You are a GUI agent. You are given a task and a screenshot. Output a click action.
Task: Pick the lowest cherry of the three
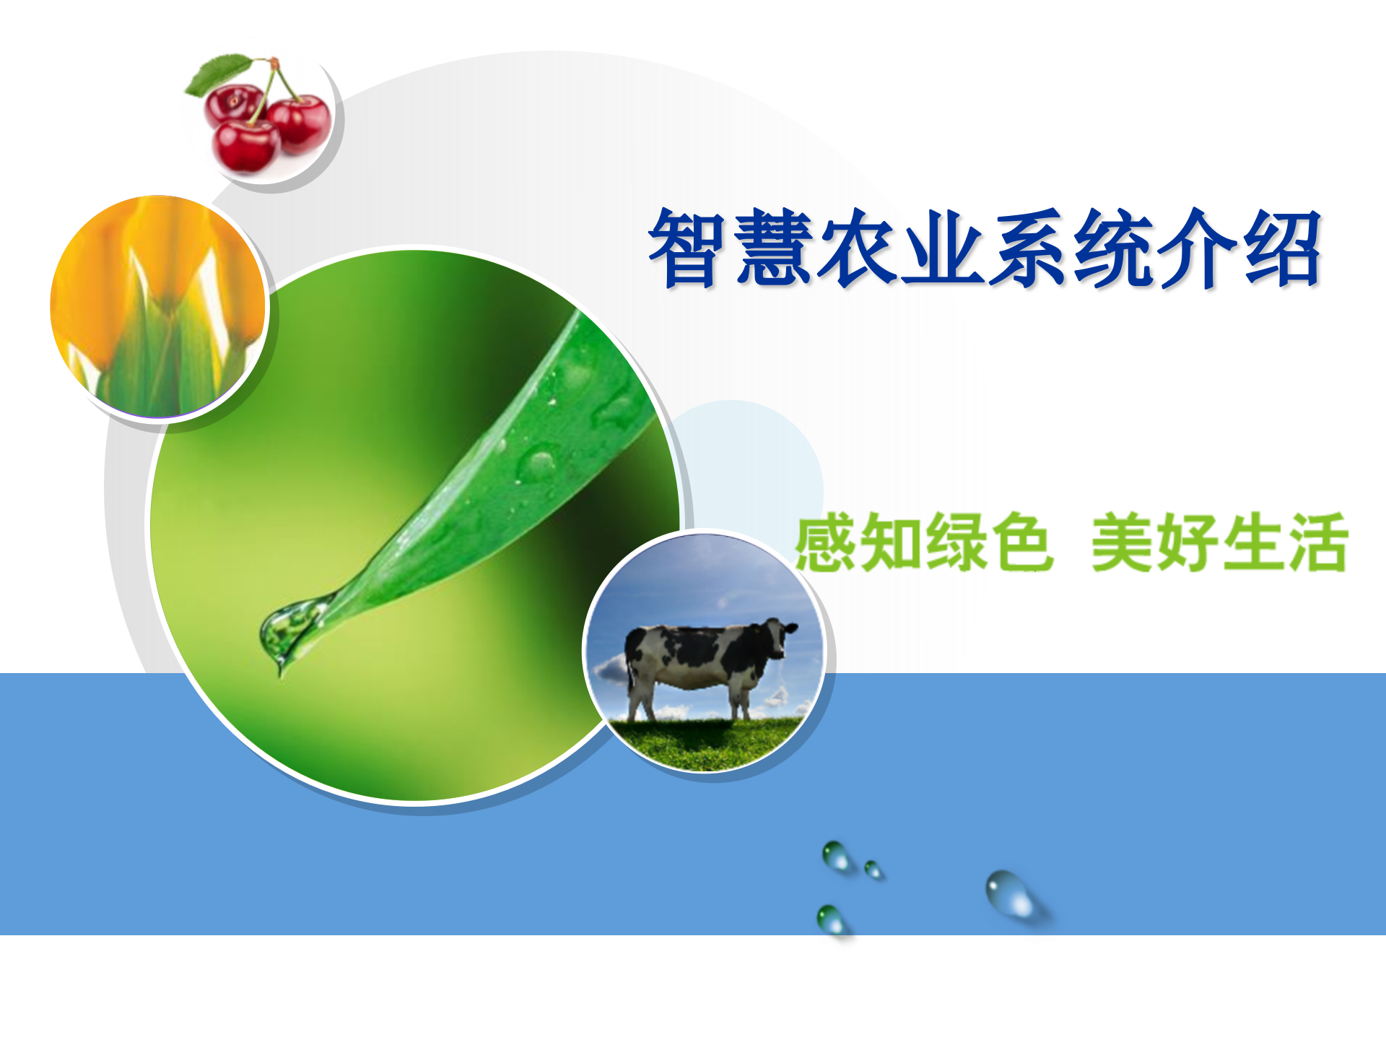(x=246, y=146)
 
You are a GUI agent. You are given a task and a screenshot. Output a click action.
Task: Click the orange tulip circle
(x=159, y=306)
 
